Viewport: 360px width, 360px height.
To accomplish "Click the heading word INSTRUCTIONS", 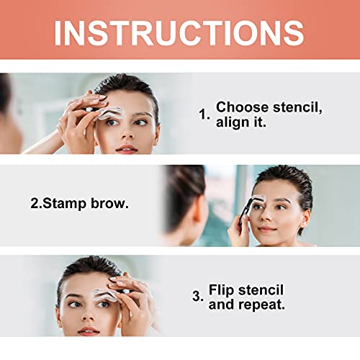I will coord(179,32).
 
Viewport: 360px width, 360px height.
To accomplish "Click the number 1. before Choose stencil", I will coord(205,114).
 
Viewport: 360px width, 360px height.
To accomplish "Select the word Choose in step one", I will coord(240,107).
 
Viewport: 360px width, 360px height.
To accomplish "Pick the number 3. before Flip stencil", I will coord(197,295).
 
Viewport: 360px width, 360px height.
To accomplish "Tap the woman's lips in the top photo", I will coord(127,148).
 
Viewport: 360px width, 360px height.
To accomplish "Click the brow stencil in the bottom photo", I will coord(105,293).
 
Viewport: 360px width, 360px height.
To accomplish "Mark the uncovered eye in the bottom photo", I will coord(74,304).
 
